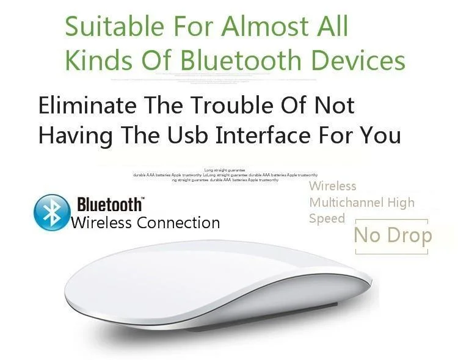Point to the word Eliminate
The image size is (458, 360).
tap(79, 106)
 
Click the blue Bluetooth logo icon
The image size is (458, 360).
tap(51, 212)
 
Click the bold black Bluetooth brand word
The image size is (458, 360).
tap(109, 204)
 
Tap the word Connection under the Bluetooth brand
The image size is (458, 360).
tap(178, 223)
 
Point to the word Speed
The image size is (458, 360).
tap(327, 218)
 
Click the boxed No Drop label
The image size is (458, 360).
tap(393, 236)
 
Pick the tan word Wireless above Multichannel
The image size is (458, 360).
tap(333, 186)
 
